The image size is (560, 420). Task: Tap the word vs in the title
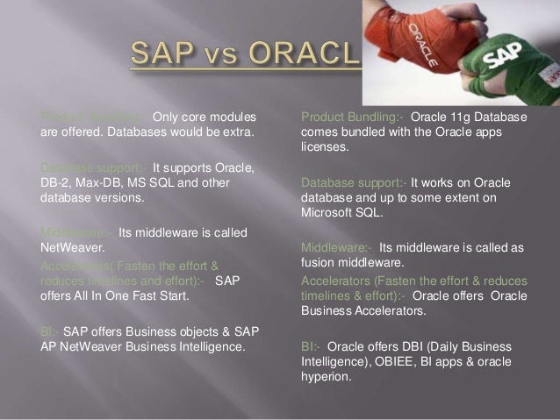tap(226, 57)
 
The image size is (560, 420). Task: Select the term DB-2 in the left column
tap(55, 182)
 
